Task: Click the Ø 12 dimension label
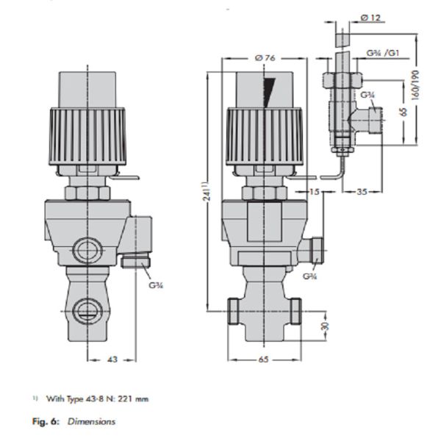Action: [370, 16]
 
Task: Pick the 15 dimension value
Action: [313, 192]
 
